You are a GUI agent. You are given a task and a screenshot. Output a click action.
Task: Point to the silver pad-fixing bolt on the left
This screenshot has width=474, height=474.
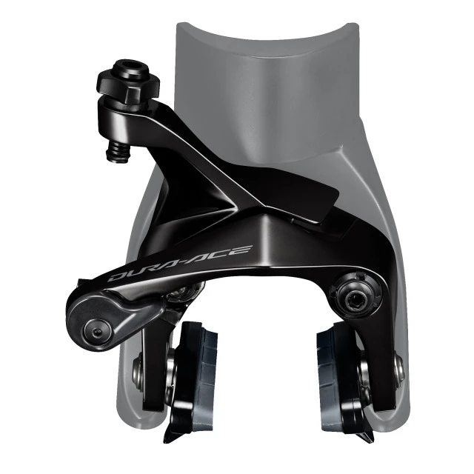point(138,365)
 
